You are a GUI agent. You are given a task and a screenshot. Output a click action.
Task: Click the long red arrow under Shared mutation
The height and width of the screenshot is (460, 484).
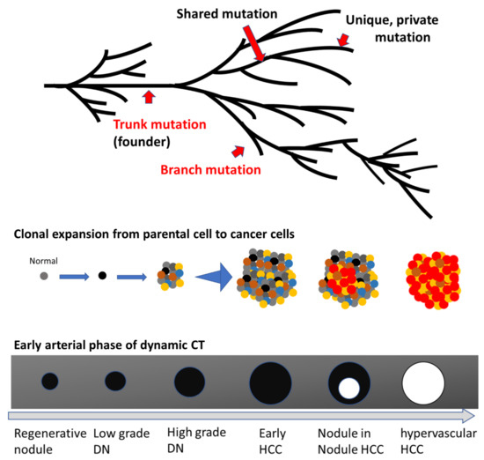coord(252,43)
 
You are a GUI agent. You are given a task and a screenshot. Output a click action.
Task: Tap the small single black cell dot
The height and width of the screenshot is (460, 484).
coord(101,276)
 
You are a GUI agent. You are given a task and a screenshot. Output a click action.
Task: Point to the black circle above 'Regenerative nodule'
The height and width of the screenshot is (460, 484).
coord(50,382)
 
